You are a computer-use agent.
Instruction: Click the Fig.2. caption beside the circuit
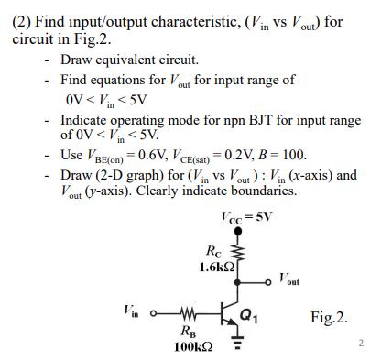(330, 318)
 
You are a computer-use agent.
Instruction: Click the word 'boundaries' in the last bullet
(261, 191)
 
